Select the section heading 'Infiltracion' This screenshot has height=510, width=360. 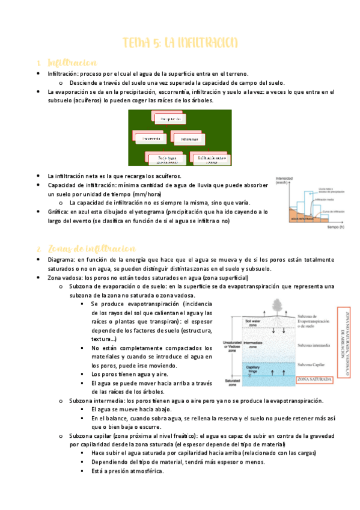tap(72, 63)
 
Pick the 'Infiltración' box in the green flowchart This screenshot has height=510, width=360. tap(186, 139)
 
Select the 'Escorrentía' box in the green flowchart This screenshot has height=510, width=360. tap(150, 139)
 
